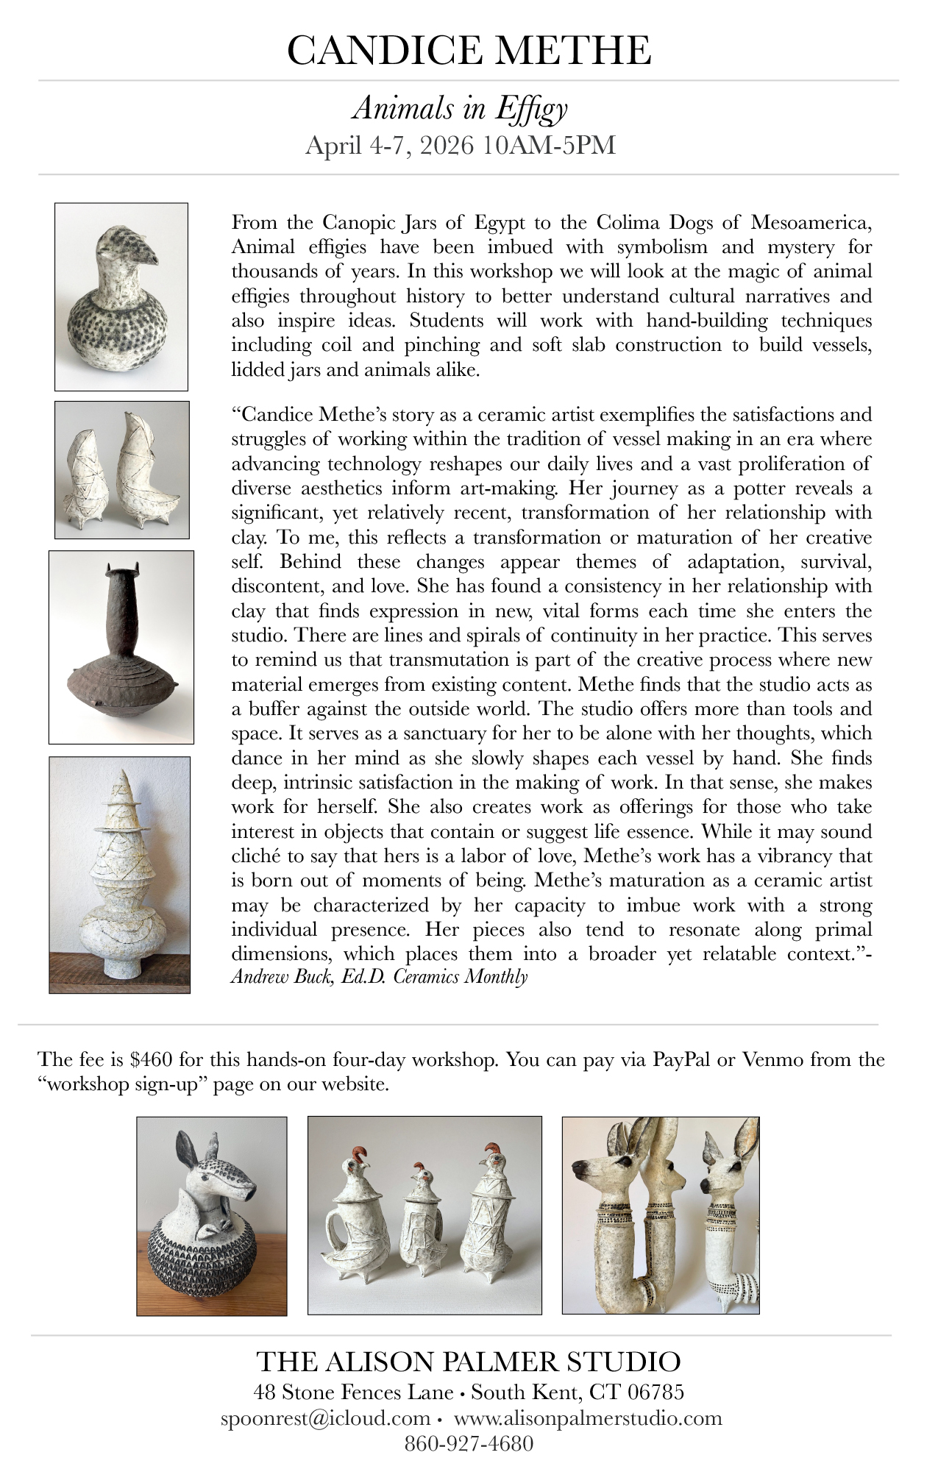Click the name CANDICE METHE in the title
[x=469, y=51]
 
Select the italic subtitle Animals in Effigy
[x=460, y=109]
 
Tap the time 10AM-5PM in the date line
[x=549, y=146]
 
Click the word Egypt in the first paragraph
[x=500, y=221]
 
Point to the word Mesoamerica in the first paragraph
[x=811, y=221]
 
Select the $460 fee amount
[x=151, y=1059]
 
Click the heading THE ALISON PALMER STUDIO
[x=469, y=1362]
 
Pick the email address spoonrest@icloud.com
[x=325, y=1418]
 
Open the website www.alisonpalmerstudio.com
[x=588, y=1418]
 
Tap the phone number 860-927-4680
[x=469, y=1443]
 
